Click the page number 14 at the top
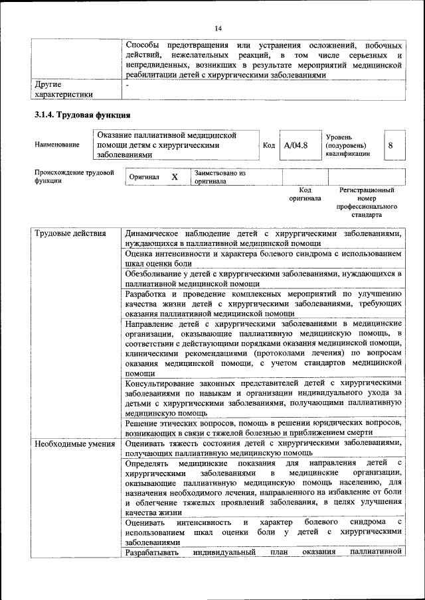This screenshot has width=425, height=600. pyautogui.click(x=218, y=27)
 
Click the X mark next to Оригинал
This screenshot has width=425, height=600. pyautogui.click(x=175, y=178)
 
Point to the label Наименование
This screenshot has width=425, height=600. pyautogui.click(x=57, y=145)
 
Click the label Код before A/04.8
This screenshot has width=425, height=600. pyautogui.click(x=269, y=145)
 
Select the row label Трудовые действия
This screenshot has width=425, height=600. pyautogui.click(x=70, y=234)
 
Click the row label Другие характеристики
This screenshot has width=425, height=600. pyautogui.click(x=64, y=90)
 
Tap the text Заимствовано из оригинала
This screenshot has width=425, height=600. pyautogui.click(x=220, y=177)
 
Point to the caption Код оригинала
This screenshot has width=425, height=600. pyautogui.click(x=305, y=194)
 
